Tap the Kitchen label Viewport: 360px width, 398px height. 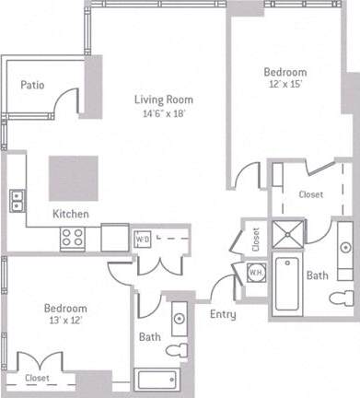point(70,214)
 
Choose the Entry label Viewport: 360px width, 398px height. point(223,314)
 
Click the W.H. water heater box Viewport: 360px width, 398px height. point(255,272)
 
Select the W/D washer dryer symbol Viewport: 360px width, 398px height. point(143,239)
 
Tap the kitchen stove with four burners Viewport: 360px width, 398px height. point(73,238)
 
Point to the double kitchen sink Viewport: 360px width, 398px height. point(17,200)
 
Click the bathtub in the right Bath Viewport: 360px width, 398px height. point(289,286)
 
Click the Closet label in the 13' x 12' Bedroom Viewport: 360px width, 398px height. point(37,378)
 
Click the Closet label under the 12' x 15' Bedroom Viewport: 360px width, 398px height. point(311,194)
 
